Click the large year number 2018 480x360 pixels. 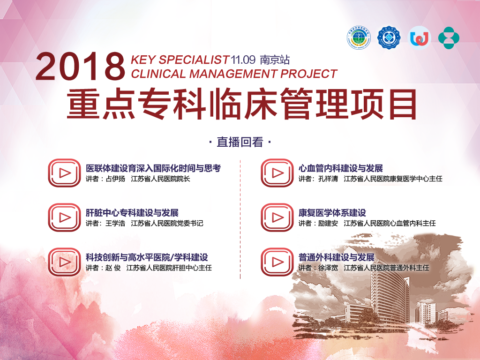(x=80, y=67)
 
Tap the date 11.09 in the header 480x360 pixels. (x=243, y=60)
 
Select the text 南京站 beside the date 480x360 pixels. (x=275, y=60)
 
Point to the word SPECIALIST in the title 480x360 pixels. (x=194, y=60)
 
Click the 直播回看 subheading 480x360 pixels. (x=240, y=142)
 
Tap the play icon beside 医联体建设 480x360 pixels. (x=64, y=173)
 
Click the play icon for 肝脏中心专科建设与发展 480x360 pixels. (x=64, y=217)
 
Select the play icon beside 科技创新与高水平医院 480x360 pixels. (x=64, y=262)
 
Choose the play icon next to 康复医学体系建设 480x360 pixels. (x=277, y=217)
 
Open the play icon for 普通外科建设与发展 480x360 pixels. (x=277, y=262)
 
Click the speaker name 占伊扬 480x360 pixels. (x=115, y=179)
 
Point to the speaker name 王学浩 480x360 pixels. (x=115, y=224)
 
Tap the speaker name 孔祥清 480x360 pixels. (x=328, y=179)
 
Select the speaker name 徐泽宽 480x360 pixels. (x=328, y=268)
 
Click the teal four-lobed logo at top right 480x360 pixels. (x=449, y=37)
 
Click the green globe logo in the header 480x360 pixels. (x=359, y=38)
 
